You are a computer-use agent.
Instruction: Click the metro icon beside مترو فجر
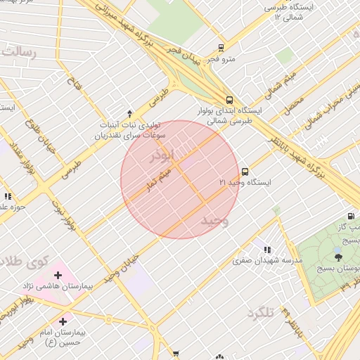pos(221,48)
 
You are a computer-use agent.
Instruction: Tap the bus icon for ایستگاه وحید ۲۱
pos(245,171)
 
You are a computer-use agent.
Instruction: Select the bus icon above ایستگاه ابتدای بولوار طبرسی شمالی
pos(230,100)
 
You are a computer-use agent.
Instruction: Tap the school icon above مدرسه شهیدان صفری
pos(266,249)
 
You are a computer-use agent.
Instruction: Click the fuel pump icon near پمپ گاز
pos(350,217)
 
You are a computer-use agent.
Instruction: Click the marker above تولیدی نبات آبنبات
pos(129,113)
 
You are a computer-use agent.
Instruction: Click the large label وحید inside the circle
pos(216,221)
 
